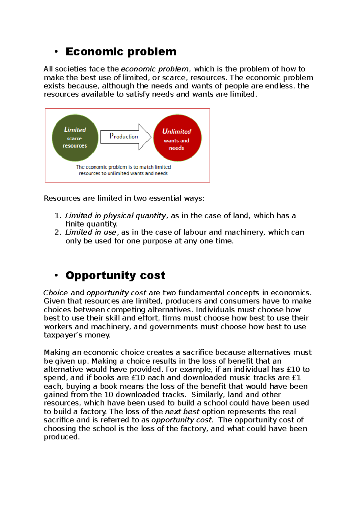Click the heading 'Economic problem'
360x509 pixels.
pos(121,52)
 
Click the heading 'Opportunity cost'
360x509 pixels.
pos(115,275)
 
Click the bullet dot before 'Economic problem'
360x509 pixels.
pos(56,52)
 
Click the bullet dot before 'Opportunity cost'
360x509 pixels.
pos(56,275)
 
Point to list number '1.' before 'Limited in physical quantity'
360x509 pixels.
pos(58,216)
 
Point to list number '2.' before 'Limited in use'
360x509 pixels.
pos(58,232)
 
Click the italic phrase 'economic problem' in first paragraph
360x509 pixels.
pos(154,69)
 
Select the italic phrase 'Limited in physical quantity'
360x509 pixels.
pos(115,216)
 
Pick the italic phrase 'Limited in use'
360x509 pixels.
pos(91,232)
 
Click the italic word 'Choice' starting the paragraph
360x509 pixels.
pos(56,293)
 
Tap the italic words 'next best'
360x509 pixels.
pos(182,412)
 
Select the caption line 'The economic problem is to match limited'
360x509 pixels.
pos(123,167)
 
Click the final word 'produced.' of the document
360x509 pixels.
pos(62,437)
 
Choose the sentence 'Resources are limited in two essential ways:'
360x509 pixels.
pos(124,198)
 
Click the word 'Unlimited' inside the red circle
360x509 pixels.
pos(176,131)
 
